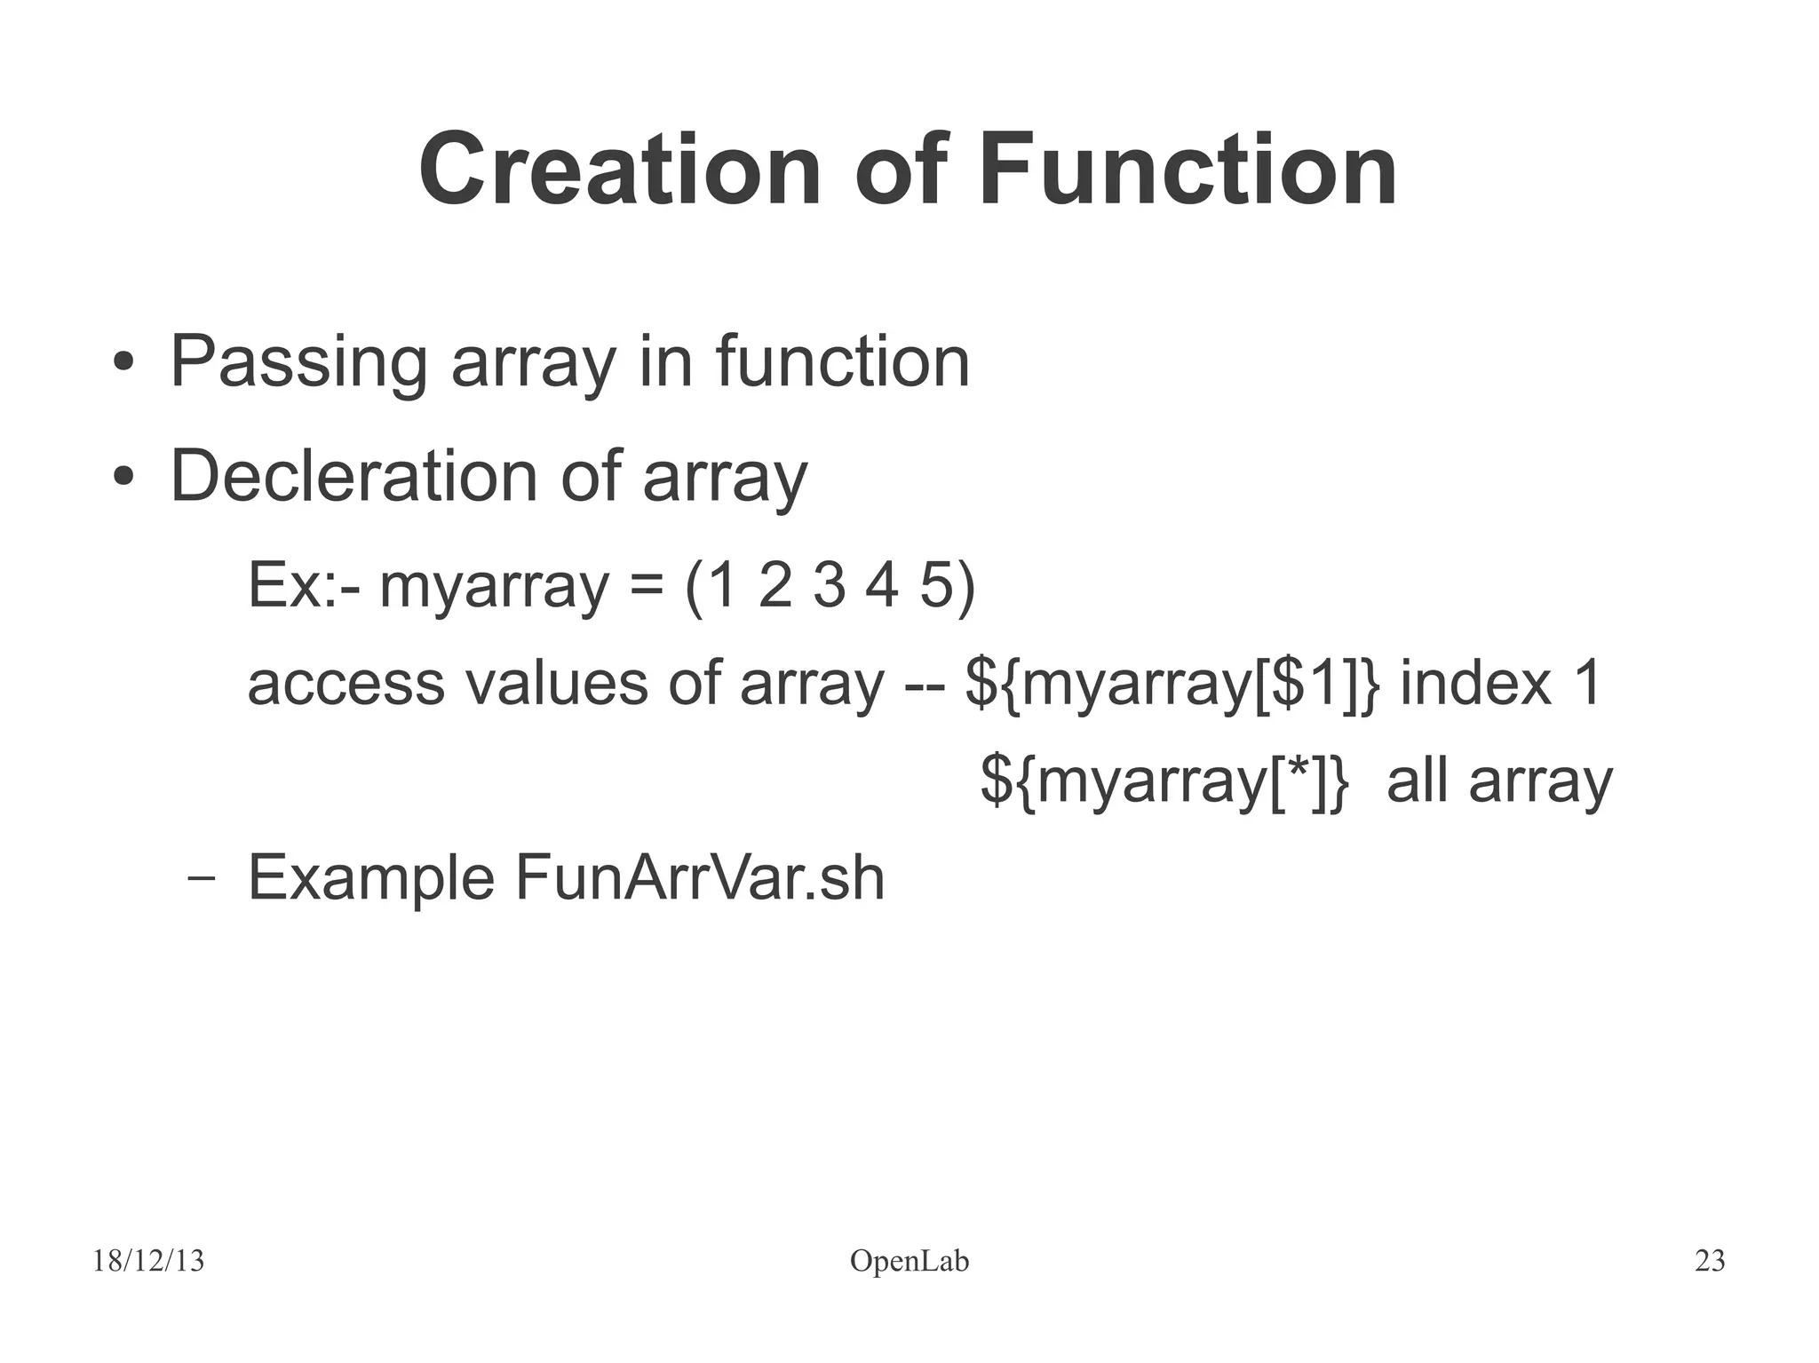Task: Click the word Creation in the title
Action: click(x=619, y=169)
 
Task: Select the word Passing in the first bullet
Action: click(x=298, y=362)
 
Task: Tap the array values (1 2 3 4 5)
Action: click(x=830, y=586)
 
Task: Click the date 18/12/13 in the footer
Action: click(x=148, y=1261)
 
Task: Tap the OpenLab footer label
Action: click(x=909, y=1261)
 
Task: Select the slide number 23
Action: click(x=1709, y=1261)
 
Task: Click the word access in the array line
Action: click(x=346, y=684)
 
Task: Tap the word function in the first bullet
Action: click(x=842, y=362)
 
